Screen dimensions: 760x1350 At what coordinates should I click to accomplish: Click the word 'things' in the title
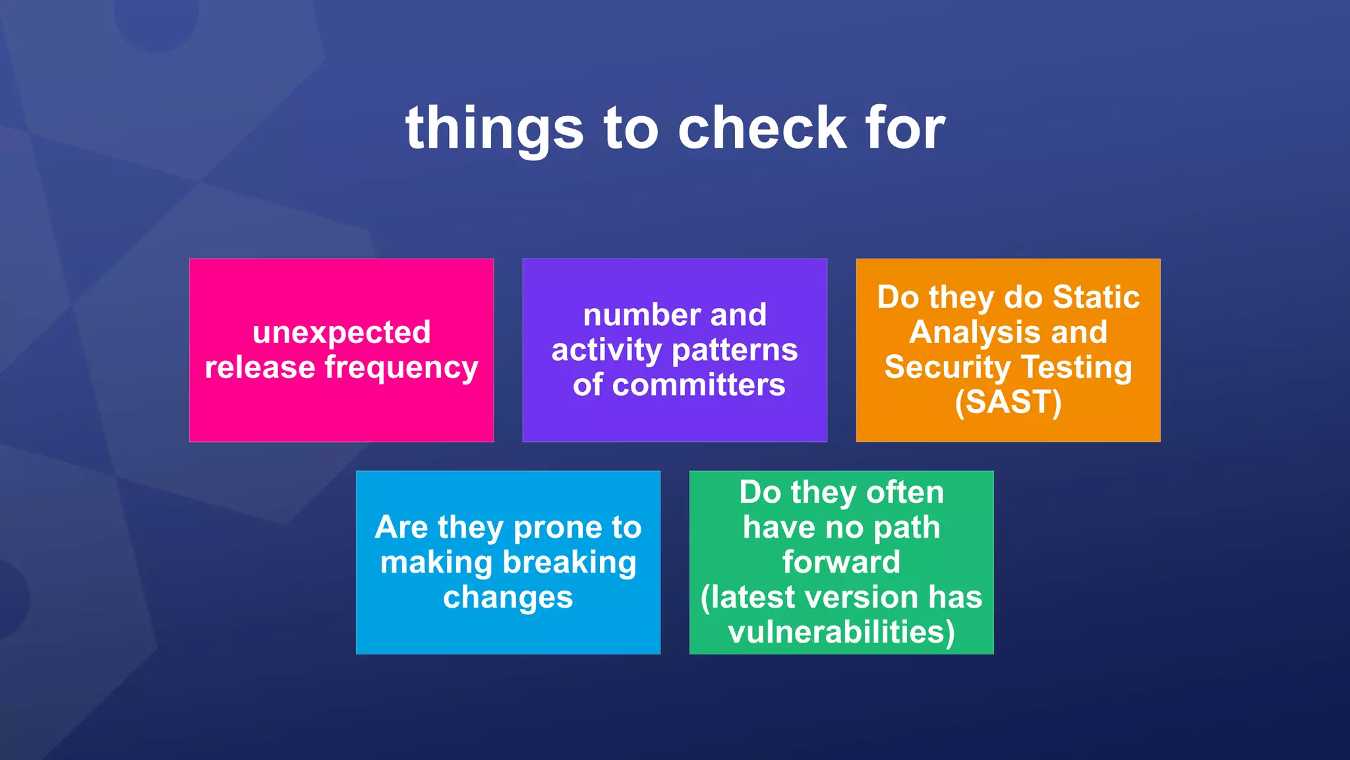pos(494,129)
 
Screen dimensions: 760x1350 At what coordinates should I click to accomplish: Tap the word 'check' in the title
pos(762,129)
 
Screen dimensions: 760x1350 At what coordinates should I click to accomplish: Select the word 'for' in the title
pos(906,129)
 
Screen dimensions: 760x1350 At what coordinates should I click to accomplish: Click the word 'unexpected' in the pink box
pos(341,332)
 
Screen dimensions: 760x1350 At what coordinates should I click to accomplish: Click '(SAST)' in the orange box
pos(1008,402)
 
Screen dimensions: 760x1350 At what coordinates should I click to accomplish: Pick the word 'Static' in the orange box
pos(1096,297)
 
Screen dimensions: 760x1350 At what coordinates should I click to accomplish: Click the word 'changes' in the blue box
pos(508,598)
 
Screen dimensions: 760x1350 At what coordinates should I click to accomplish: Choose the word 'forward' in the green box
pos(841,562)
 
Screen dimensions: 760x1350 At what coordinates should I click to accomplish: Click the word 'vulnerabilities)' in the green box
pos(841,632)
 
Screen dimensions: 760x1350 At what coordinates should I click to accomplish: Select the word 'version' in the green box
pos(861,597)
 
